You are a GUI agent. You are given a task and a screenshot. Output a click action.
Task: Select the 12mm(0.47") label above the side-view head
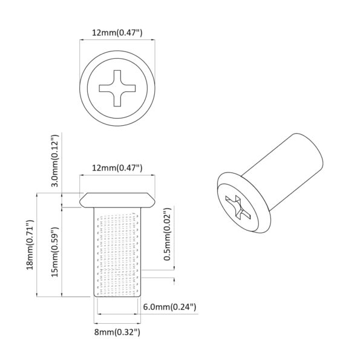click(117, 167)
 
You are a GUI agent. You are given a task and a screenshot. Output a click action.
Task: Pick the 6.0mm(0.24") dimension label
click(169, 307)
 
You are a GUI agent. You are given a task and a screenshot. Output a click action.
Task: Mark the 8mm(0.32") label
click(117, 332)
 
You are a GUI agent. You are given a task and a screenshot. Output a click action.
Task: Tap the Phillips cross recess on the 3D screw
click(235, 208)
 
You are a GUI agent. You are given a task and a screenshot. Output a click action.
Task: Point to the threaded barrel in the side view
click(117, 251)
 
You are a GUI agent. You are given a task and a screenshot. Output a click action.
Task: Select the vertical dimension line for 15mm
click(63, 251)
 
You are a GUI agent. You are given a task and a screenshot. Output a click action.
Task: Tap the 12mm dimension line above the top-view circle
click(117, 41)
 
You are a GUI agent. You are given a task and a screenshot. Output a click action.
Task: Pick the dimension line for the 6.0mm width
click(117, 315)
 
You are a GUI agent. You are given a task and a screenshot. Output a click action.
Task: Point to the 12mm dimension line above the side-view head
click(117, 176)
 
